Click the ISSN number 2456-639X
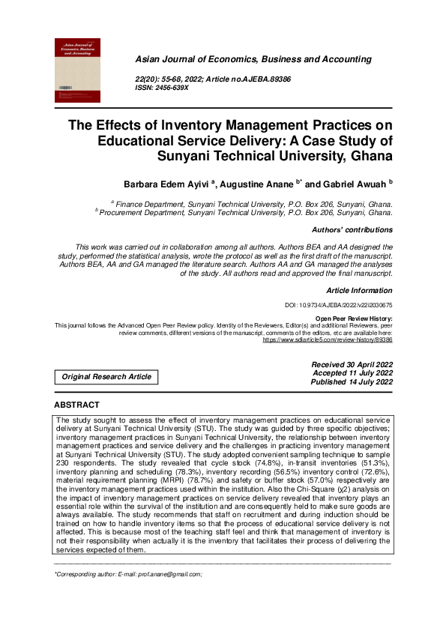click(172, 88)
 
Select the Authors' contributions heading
click(351, 229)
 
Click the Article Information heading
click(359, 289)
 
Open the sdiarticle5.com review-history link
click(328, 339)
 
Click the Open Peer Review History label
click(354, 318)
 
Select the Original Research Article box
click(106, 376)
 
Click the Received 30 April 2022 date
click(352, 364)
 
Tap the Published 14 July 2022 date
click(352, 381)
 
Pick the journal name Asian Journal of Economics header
click(253, 58)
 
